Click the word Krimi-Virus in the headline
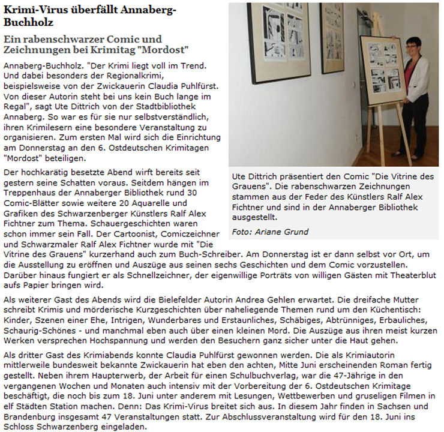point(28,10)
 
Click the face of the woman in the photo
point(412,47)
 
